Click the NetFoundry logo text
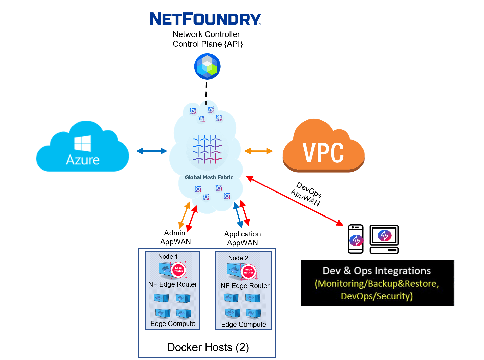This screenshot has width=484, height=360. click(205, 19)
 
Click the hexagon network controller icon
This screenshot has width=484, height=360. click(207, 66)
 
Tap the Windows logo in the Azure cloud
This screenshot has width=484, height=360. click(82, 143)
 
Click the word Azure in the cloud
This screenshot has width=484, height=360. click(82, 160)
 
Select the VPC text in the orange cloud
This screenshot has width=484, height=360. click(323, 153)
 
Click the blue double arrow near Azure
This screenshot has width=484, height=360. click(152, 151)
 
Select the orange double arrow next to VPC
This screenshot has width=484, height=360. click(258, 151)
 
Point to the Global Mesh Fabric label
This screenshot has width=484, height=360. click(209, 177)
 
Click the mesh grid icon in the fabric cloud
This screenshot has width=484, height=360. click(207, 149)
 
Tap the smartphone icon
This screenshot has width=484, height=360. click(356, 239)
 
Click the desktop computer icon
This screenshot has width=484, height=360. click(384, 239)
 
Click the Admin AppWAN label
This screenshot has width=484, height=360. click(175, 237)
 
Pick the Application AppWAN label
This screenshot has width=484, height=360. click(242, 238)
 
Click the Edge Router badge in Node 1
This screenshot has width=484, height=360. click(178, 270)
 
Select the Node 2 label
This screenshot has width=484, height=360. click(238, 258)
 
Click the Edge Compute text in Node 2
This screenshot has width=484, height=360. click(243, 325)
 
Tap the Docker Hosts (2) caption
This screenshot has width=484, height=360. click(208, 347)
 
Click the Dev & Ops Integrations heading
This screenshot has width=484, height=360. click(377, 271)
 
